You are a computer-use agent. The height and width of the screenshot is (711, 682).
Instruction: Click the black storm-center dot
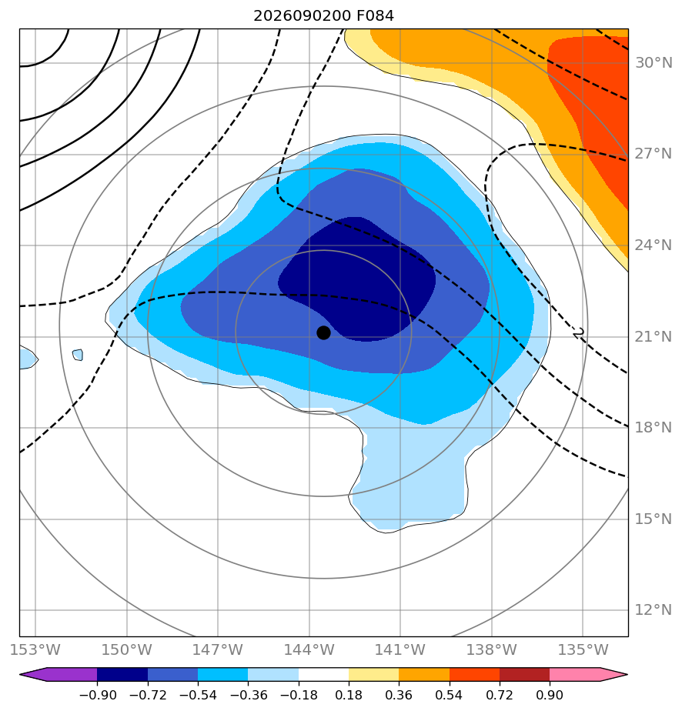pos(323,333)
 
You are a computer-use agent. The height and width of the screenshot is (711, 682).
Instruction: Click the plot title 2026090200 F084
pos(324,16)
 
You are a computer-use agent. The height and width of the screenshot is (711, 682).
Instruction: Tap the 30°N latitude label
pos(654,62)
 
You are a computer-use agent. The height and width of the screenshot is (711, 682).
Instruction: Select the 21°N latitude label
pos(654,336)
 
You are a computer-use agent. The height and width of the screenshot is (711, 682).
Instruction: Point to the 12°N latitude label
pos(654,610)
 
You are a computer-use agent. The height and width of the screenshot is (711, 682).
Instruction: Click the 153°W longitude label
pos(35,649)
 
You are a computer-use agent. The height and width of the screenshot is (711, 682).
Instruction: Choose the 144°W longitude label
pos(309,649)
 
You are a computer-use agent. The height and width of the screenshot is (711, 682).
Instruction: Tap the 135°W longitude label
pos(583,649)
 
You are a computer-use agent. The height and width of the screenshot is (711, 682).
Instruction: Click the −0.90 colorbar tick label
pos(98,695)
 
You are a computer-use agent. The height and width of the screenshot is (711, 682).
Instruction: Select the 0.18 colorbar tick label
pos(349,695)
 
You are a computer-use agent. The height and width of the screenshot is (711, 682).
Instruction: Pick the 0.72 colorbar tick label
pos(500,695)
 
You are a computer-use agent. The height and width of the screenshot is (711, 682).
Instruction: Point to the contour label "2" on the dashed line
pos(578,333)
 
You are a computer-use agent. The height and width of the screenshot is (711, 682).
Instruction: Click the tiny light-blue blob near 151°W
pos(78,355)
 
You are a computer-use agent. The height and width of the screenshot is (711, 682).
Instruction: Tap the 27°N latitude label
pos(654,154)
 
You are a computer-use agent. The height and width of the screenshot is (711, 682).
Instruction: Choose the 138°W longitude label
pos(492,649)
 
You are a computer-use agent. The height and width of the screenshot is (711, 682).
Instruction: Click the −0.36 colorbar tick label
pos(248,695)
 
